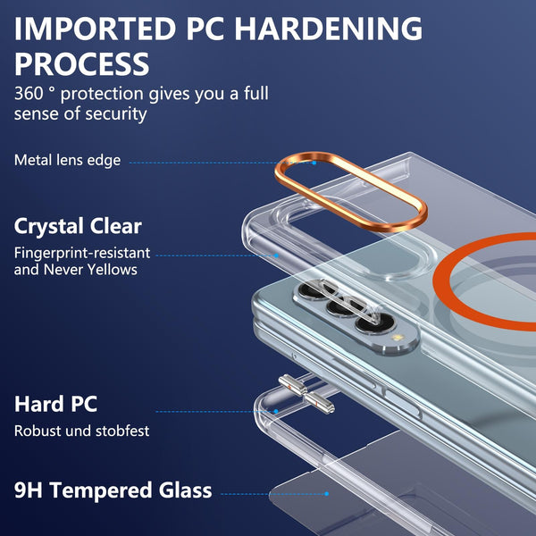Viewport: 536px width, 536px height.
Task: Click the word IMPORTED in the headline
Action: (x=95, y=29)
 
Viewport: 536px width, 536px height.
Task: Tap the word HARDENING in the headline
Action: (x=328, y=29)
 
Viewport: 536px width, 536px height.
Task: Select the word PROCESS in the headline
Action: (x=81, y=64)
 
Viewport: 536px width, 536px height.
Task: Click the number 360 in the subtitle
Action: (x=29, y=93)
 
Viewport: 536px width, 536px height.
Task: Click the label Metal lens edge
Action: (x=67, y=160)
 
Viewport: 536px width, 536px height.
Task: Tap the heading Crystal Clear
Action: (x=78, y=227)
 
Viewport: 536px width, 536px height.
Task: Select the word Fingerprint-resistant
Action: (x=82, y=254)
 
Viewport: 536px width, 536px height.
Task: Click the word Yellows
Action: (x=112, y=270)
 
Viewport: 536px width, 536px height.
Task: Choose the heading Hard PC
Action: (x=55, y=404)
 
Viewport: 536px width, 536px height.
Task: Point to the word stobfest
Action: (x=122, y=431)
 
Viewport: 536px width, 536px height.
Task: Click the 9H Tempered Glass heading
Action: (x=113, y=490)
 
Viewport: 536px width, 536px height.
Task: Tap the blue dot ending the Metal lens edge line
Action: (x=314, y=163)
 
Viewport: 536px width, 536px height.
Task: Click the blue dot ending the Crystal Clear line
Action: (x=276, y=255)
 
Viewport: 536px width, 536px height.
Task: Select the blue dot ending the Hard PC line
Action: (x=276, y=412)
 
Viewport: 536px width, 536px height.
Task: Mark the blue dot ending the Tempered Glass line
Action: (x=326, y=494)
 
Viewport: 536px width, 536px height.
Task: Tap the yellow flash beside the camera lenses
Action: (x=397, y=338)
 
